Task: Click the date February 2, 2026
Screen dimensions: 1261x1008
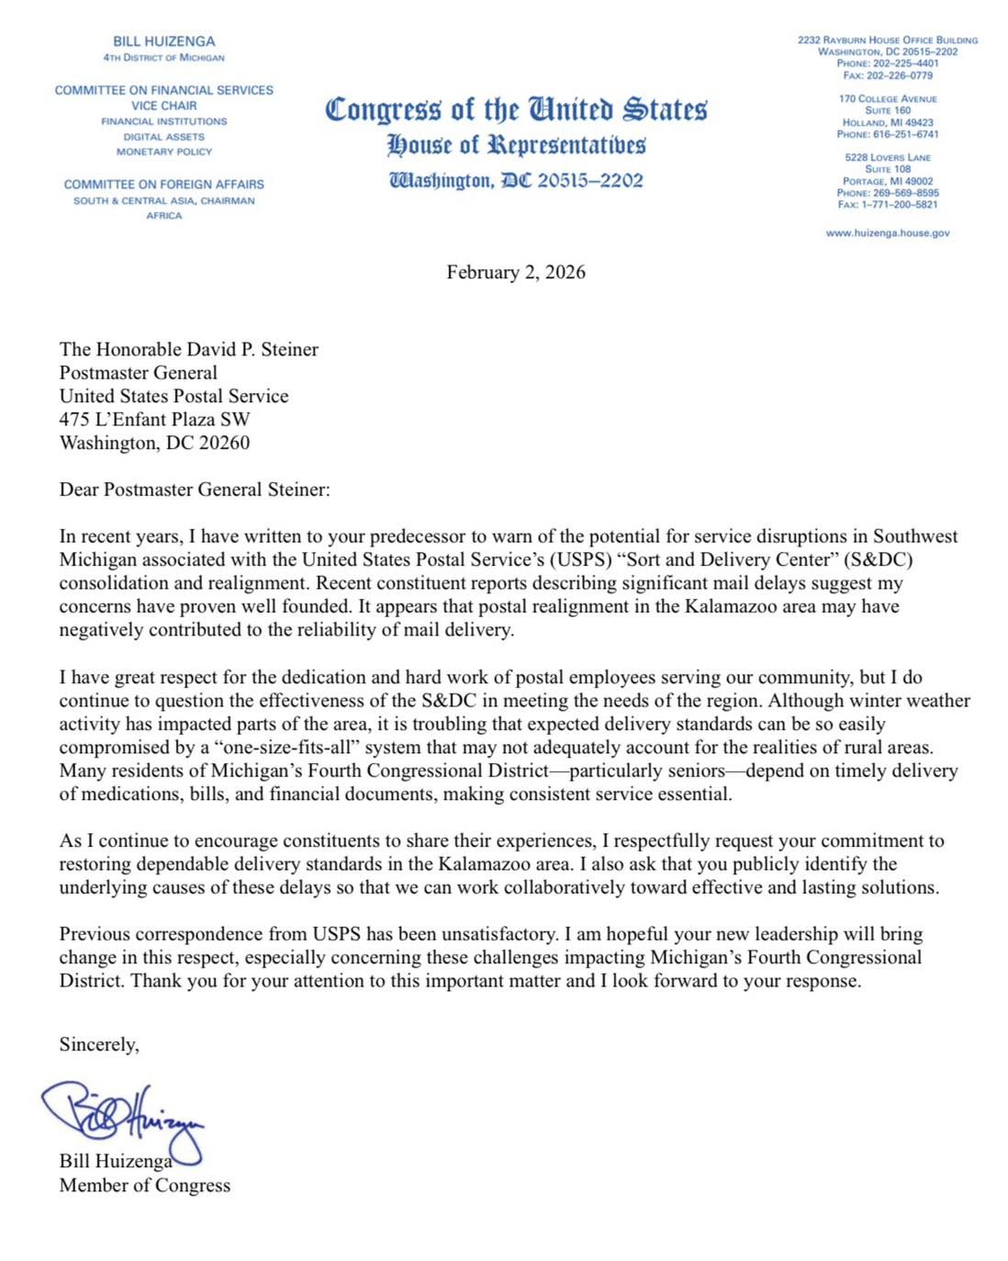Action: click(x=515, y=272)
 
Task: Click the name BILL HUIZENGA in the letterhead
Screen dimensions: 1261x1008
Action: click(x=163, y=41)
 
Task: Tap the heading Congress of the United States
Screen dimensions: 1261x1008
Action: click(x=516, y=109)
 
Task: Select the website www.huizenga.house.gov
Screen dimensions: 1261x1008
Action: click(x=887, y=233)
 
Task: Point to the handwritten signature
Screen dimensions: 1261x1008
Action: click(x=124, y=1113)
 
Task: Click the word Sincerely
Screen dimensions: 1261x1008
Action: click(x=98, y=1044)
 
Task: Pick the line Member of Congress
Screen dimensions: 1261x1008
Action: click(x=144, y=1185)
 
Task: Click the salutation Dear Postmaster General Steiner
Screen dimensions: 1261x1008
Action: click(x=194, y=490)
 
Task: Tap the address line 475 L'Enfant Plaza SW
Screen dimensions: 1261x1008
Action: click(x=154, y=419)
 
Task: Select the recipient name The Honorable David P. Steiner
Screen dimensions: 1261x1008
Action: click(x=188, y=349)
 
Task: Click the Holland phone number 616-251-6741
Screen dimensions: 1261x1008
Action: click(x=905, y=134)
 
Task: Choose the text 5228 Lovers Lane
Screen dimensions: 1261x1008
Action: click(x=887, y=157)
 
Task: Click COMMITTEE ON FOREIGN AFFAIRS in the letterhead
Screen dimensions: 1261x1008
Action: click(x=163, y=184)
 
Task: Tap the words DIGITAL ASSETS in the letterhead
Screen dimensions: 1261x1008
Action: click(x=163, y=136)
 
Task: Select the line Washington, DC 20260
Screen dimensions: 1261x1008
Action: click(x=154, y=443)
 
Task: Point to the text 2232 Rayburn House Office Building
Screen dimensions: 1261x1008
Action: click(x=887, y=40)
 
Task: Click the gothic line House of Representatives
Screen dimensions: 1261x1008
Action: click(x=516, y=144)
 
